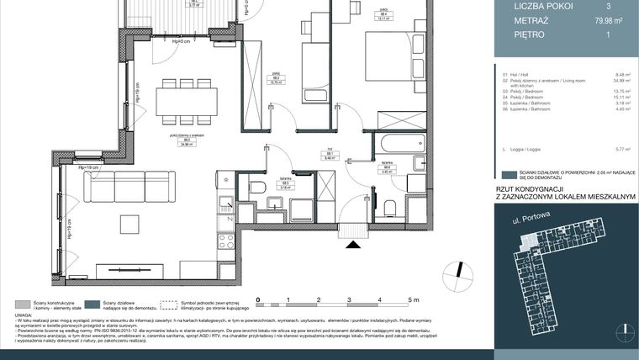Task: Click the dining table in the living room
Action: click(187, 102)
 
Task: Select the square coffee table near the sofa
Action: click(130, 224)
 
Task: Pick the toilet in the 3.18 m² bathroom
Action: click(257, 187)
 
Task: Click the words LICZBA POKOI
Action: click(530, 7)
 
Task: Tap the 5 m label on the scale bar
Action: click(413, 299)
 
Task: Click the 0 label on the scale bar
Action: click(259, 299)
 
